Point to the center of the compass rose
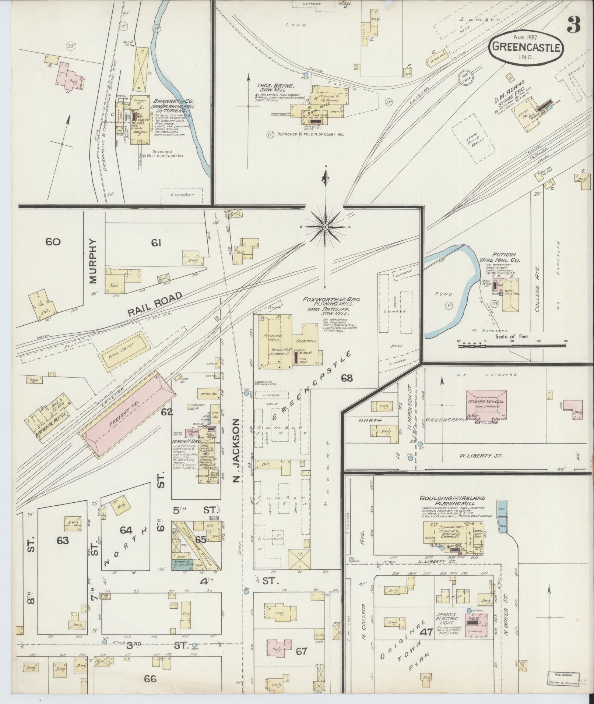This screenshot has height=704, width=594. pos(326,228)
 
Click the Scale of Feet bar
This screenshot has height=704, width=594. pos(512,345)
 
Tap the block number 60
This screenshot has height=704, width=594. pos(53,242)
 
